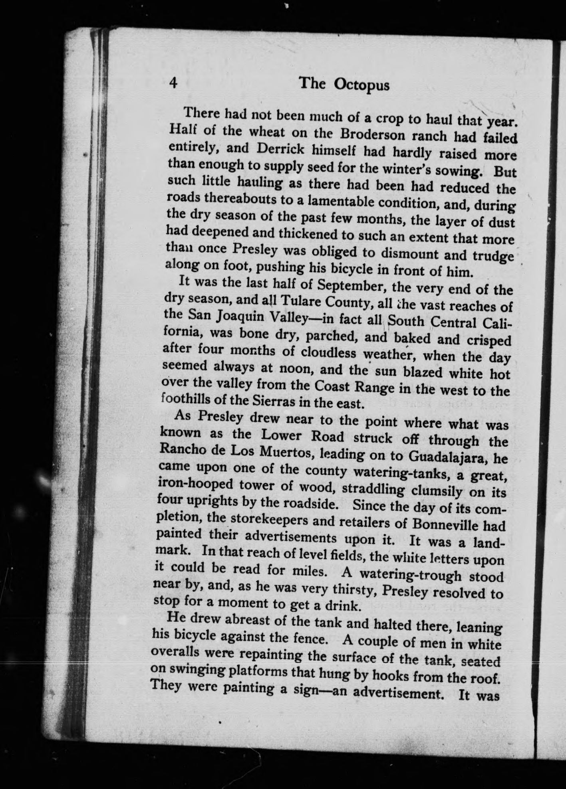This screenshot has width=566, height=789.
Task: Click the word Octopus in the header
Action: pyautogui.click(x=362, y=85)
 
